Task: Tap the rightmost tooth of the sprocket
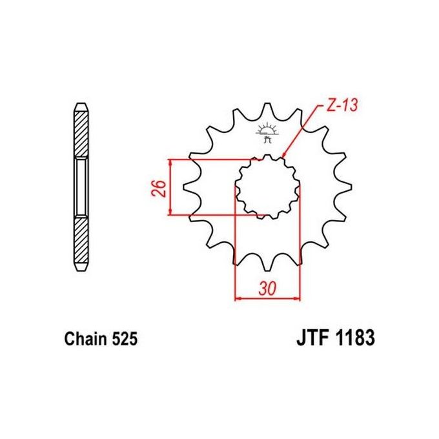(x=346, y=188)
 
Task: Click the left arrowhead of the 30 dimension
(x=238, y=298)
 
